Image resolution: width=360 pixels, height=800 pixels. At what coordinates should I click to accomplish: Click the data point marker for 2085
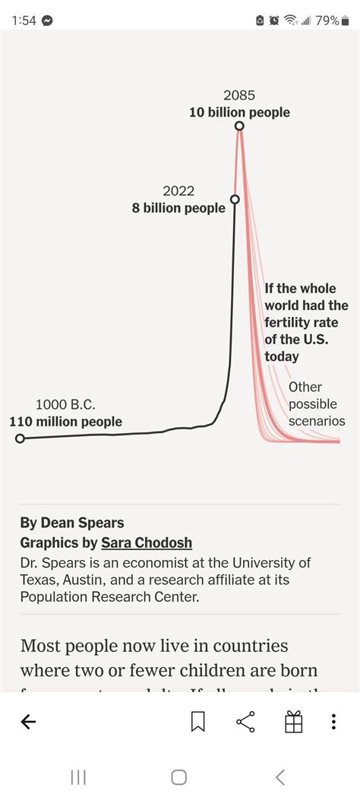click(x=239, y=126)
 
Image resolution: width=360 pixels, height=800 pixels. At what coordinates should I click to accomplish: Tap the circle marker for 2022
click(x=235, y=199)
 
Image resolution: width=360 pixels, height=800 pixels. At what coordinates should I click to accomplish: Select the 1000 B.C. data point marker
click(x=20, y=438)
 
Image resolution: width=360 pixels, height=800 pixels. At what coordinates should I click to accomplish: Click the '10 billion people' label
click(x=239, y=112)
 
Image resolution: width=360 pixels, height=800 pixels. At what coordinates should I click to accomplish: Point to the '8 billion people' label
click(x=178, y=208)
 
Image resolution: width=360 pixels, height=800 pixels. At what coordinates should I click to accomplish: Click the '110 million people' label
click(x=65, y=422)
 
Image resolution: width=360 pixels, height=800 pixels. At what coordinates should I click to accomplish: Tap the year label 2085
click(x=239, y=96)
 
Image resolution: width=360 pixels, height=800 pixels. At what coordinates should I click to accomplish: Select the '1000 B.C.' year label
click(x=65, y=405)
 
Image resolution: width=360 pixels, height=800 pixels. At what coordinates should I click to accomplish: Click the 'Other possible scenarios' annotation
click(x=316, y=404)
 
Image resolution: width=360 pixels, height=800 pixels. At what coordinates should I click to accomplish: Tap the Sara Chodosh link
click(x=147, y=542)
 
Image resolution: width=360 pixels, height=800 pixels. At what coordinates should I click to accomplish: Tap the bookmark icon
click(x=197, y=722)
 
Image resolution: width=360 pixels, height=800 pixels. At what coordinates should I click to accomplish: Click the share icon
click(x=245, y=722)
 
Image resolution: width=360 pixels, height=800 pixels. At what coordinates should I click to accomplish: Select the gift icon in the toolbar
click(x=294, y=722)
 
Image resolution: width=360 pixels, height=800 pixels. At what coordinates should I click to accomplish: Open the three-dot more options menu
click(x=333, y=722)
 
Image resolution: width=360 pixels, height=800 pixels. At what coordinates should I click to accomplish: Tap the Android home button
click(x=179, y=776)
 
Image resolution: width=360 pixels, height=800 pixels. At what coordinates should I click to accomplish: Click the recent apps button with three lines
click(x=77, y=776)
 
